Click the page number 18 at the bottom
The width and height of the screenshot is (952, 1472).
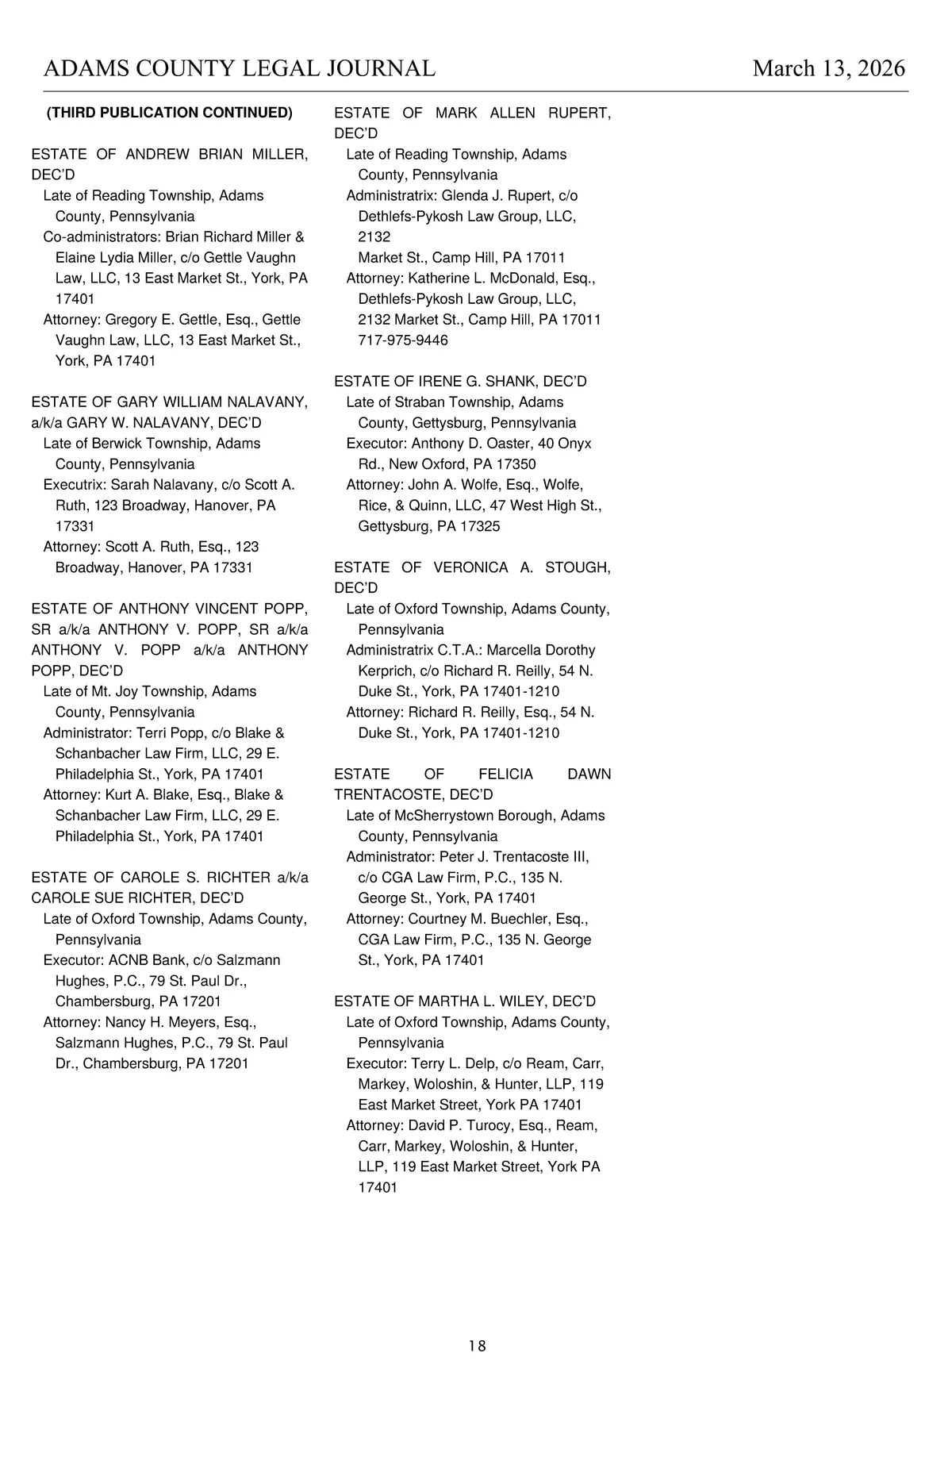point(477,1346)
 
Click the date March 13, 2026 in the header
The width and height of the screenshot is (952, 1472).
point(828,69)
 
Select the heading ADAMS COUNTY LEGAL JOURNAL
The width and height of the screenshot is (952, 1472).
point(239,69)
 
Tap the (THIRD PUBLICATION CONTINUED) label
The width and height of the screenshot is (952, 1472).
point(170,113)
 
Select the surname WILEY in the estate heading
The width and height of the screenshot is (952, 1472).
point(519,1001)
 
